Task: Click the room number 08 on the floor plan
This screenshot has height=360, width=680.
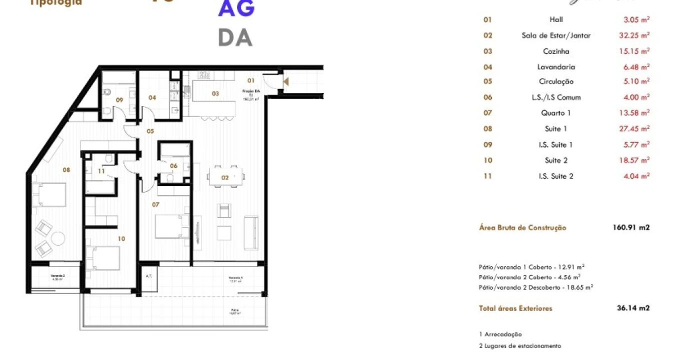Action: click(x=66, y=170)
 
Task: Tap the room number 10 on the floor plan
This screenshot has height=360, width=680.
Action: click(x=121, y=238)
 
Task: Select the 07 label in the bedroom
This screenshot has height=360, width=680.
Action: click(x=155, y=204)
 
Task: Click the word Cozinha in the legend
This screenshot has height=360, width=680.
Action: click(x=556, y=51)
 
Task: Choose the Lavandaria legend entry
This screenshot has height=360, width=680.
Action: click(x=556, y=67)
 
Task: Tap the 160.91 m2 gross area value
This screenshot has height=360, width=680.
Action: click(x=631, y=228)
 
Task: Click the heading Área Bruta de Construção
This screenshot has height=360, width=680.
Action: click(x=522, y=228)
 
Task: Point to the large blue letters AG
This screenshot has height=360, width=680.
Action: click(x=236, y=8)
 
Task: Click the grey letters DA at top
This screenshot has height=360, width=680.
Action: click(x=235, y=38)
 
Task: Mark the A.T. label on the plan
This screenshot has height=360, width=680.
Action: click(x=148, y=276)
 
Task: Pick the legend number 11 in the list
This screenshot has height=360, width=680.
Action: click(x=487, y=176)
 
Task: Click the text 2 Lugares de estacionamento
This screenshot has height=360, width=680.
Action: click(x=520, y=346)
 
